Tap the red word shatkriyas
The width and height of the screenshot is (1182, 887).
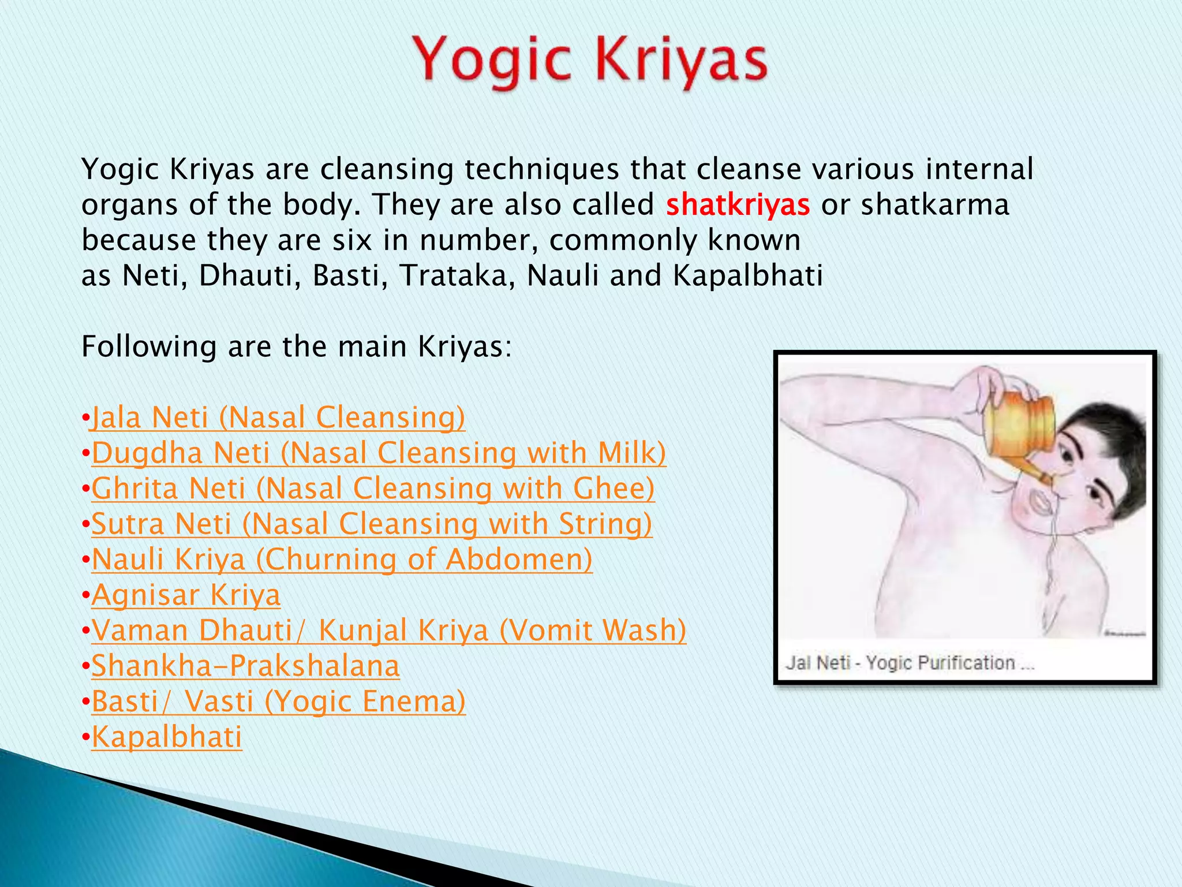(x=738, y=205)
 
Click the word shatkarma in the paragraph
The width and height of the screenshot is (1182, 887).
(x=935, y=205)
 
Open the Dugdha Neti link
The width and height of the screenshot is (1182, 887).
(x=379, y=453)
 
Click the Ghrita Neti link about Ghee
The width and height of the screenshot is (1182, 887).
(x=373, y=489)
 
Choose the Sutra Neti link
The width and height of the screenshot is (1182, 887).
(x=372, y=524)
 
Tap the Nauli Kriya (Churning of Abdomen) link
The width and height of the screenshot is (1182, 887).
(x=342, y=560)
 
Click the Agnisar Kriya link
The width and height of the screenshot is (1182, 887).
(x=186, y=595)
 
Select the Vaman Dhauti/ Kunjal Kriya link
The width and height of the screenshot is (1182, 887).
(x=389, y=631)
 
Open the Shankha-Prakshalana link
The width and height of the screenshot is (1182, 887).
(x=245, y=666)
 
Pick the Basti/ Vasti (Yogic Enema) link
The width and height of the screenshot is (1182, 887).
(x=278, y=702)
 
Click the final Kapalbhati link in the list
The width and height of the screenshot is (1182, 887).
(x=167, y=737)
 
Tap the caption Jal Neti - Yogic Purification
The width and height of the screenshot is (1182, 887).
(x=910, y=662)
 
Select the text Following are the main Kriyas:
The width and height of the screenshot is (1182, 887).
(x=297, y=347)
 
